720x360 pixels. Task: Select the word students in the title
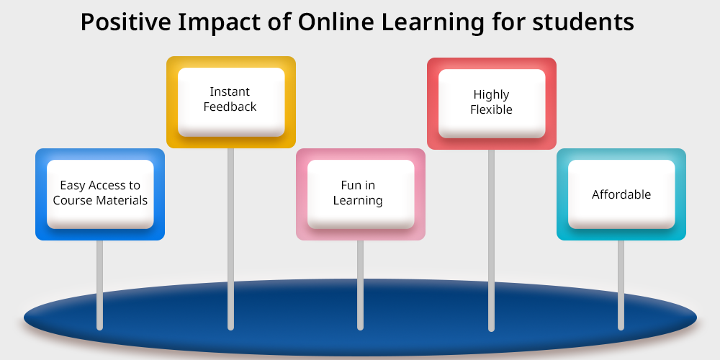click(583, 22)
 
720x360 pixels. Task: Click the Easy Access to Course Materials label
click(100, 193)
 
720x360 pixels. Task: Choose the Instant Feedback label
click(230, 99)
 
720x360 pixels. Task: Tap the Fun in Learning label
click(358, 193)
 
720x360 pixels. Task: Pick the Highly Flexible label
click(491, 102)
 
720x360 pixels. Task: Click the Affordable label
click(621, 194)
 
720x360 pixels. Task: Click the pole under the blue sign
click(99, 284)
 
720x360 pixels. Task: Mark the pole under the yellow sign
click(230, 239)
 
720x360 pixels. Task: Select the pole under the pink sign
click(361, 284)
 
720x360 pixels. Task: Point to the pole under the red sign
click(491, 240)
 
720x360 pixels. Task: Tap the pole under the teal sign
click(621, 284)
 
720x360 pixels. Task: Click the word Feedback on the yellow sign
click(230, 107)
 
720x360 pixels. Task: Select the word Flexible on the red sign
click(491, 109)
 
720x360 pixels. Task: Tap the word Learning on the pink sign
click(358, 201)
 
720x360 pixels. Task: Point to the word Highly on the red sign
click(491, 95)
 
